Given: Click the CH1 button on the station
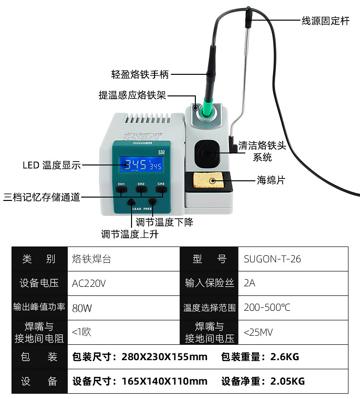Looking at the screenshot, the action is [x=121, y=190].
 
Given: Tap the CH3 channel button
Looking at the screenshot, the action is [x=161, y=190].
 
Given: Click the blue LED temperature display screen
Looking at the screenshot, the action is [x=142, y=165].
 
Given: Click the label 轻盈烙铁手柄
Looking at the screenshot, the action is [x=140, y=74].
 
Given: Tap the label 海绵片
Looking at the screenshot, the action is [x=271, y=181].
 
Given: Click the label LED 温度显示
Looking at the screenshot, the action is [x=51, y=165].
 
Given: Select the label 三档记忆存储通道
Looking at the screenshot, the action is [x=41, y=197].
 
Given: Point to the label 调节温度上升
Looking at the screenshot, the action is [x=130, y=235].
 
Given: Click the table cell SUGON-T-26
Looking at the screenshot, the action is [x=272, y=259].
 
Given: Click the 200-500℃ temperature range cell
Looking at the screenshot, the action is [x=267, y=308].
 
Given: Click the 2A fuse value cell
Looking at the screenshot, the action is [x=250, y=283].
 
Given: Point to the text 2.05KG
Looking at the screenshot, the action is [x=288, y=382].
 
